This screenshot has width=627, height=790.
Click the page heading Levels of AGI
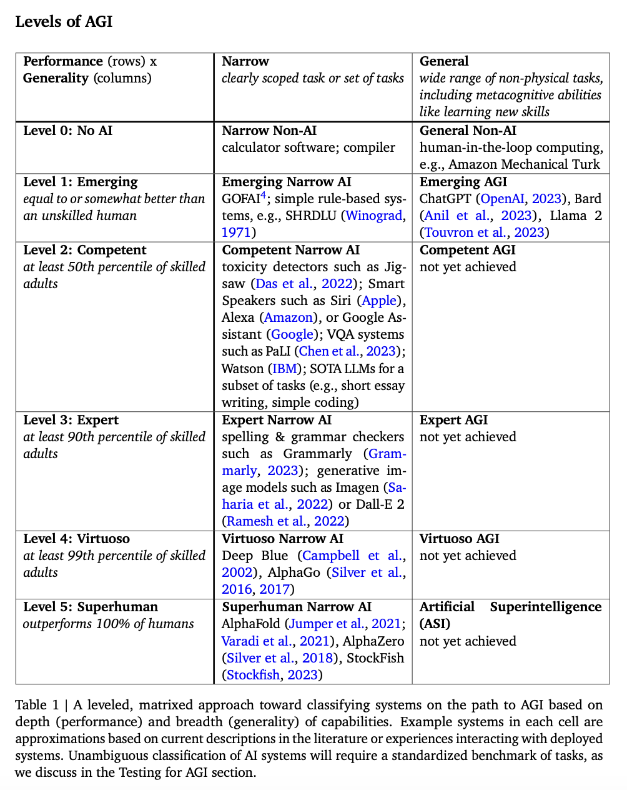pos(64,21)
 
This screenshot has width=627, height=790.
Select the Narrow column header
pos(245,61)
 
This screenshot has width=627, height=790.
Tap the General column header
pos(444,61)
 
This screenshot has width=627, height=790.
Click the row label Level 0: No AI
pos(67,131)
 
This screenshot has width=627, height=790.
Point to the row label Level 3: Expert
pos(71,420)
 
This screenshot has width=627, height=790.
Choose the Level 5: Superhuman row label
pos(90,607)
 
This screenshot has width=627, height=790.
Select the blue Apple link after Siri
pos(379,301)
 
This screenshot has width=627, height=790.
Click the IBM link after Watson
pos(285,369)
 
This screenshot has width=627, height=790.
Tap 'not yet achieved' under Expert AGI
pos(468,437)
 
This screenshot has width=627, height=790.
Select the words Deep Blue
pos(255,556)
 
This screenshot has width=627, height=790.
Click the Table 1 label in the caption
pos(37,705)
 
